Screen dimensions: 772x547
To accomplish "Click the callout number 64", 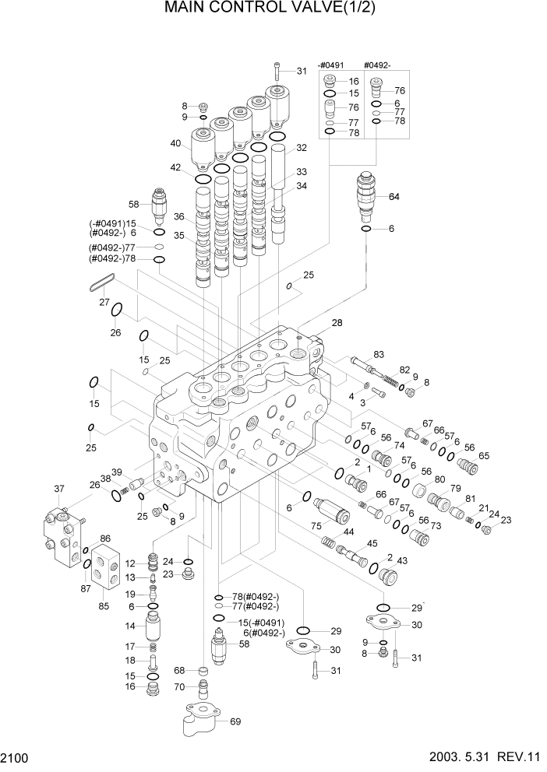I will tap(393, 196).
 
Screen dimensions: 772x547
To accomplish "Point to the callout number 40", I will tap(175, 142).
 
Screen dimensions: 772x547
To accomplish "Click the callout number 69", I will tap(235, 721).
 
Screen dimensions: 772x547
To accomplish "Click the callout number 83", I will tap(379, 354).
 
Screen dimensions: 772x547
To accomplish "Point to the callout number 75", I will tap(316, 527).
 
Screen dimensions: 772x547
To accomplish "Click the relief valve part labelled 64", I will tap(365, 195).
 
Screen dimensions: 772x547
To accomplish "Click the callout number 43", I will tap(402, 560).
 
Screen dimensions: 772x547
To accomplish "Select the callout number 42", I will tap(175, 167).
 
